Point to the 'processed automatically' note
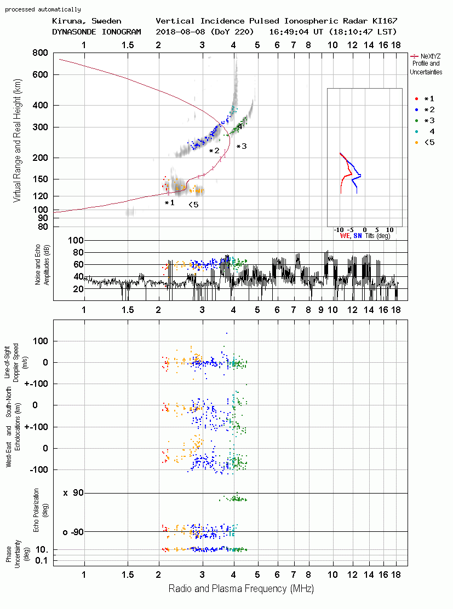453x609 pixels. click(x=43, y=9)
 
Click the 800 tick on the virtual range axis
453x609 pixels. click(x=40, y=53)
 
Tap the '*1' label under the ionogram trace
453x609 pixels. click(x=170, y=203)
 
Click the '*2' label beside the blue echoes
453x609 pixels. click(x=214, y=150)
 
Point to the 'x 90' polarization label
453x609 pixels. click(x=73, y=493)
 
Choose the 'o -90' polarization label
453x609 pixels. click(x=73, y=532)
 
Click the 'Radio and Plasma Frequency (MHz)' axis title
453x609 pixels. click(x=241, y=589)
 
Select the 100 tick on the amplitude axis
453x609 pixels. click(x=76, y=241)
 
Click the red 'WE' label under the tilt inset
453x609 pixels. click(x=345, y=236)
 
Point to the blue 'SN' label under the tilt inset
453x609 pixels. click(x=358, y=236)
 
